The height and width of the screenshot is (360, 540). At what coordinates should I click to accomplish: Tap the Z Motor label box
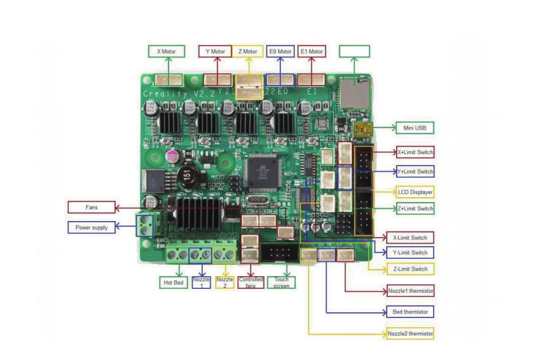248,51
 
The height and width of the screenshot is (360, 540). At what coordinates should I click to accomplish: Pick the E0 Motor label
280,51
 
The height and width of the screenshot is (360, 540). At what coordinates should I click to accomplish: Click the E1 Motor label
311,51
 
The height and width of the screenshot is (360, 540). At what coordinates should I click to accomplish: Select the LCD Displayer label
415,192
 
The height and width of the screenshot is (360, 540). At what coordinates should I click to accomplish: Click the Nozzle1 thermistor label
410,290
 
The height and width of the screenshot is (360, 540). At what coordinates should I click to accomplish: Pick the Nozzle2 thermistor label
410,334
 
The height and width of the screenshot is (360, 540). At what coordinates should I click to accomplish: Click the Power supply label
91,228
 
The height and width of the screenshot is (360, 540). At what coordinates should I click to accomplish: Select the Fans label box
91,207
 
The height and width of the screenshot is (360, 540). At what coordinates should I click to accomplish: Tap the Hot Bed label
173,282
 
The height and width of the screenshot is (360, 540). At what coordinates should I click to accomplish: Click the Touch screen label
281,282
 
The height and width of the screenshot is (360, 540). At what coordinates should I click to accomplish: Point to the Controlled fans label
251,282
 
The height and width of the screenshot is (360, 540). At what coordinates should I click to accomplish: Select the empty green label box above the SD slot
355,51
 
